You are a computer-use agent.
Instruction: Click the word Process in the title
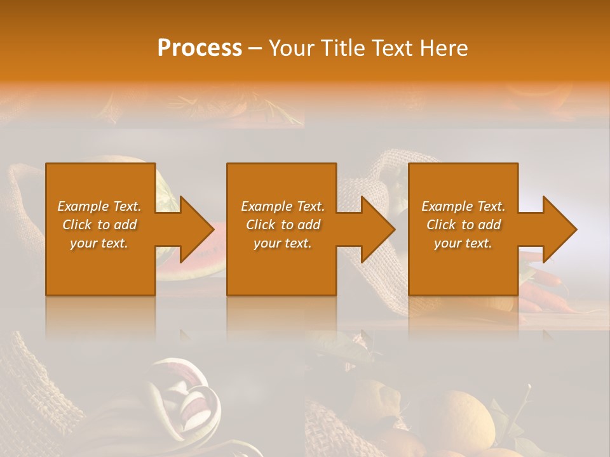click(200, 48)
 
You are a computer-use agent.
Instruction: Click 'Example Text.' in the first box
click(100, 206)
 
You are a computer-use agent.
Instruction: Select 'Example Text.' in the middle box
click(283, 206)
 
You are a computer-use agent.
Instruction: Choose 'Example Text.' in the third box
click(463, 206)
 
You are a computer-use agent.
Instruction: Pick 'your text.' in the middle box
click(283, 243)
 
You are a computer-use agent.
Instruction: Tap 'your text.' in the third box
click(463, 243)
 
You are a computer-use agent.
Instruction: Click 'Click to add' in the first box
click(100, 225)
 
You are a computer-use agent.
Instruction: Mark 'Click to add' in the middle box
click(283, 225)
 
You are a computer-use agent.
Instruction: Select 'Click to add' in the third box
click(463, 225)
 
